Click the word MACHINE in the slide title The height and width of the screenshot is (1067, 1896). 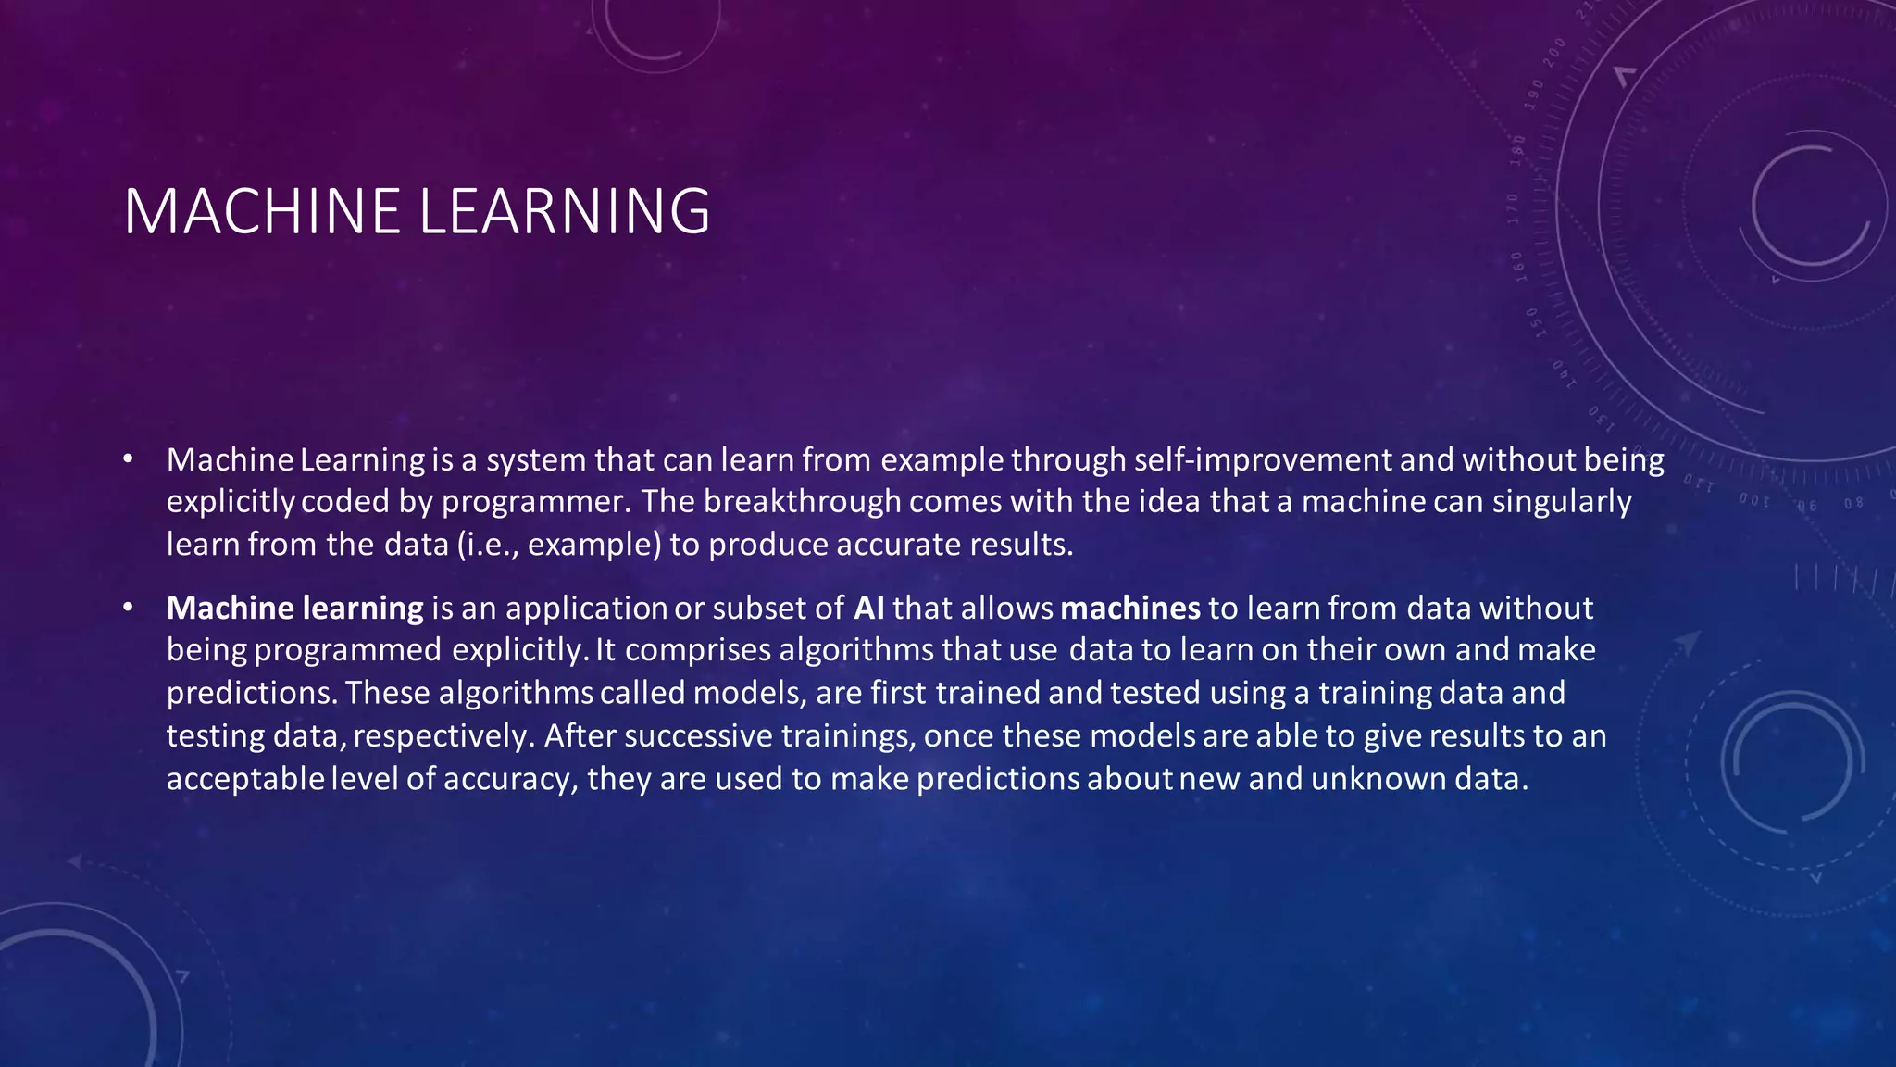click(x=262, y=211)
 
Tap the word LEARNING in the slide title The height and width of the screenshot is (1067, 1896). click(x=565, y=211)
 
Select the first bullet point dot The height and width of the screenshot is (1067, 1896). click(x=128, y=458)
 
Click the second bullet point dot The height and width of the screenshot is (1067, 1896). click(x=128, y=608)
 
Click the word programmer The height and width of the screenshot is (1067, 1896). click(x=533, y=502)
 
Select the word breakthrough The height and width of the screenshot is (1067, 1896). click(x=802, y=501)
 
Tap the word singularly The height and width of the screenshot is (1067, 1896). click(x=1562, y=502)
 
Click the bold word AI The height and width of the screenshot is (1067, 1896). click(x=868, y=608)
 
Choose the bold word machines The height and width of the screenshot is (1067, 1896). click(x=1129, y=608)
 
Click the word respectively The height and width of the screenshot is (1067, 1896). click(x=443, y=736)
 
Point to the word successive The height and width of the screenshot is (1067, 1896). click(x=698, y=735)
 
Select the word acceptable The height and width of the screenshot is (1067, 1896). click(x=245, y=778)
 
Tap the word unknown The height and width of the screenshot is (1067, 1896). click(x=1378, y=778)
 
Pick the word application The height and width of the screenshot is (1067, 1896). click(x=586, y=609)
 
